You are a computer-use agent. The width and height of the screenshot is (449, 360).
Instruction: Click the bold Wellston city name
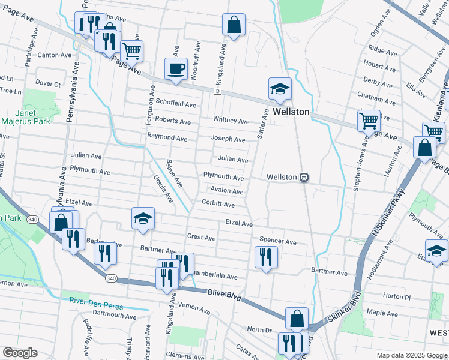point(291,112)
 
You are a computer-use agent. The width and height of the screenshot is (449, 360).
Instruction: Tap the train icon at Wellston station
point(305,178)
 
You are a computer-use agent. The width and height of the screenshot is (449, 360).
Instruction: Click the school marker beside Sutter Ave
point(280,89)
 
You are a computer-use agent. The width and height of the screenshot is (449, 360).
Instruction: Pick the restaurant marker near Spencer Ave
point(265,257)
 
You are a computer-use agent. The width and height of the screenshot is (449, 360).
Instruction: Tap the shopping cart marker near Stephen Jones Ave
point(369,121)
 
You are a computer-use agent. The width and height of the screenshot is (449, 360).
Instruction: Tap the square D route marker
point(217,91)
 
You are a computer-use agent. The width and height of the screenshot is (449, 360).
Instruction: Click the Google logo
point(20,353)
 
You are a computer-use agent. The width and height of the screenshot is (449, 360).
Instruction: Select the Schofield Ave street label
point(176,104)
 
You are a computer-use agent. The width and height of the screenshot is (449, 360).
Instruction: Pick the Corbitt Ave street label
point(218,204)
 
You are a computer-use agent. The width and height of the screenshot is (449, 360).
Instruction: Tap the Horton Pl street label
point(396,296)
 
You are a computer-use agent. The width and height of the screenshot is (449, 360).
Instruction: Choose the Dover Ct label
point(48,83)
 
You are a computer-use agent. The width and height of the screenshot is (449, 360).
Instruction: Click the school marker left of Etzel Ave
point(143,219)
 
